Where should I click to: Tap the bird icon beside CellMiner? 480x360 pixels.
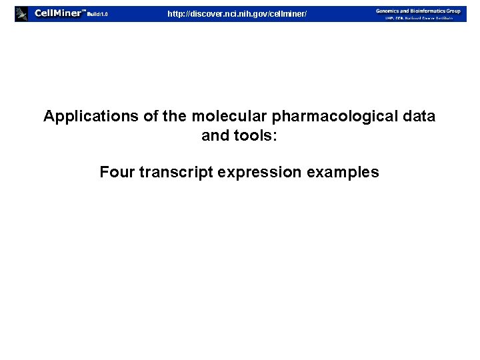pos(22,13)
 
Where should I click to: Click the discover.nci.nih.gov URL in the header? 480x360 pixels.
pos(237,13)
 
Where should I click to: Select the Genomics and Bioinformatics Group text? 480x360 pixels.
pos(418,10)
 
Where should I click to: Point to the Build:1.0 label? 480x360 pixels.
pos(97,14)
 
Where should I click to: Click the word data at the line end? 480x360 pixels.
pos(419,117)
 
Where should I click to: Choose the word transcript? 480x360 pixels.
pos(172,173)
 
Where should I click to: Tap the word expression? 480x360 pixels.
pos(259,173)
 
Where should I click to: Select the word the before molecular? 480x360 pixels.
pos(175,117)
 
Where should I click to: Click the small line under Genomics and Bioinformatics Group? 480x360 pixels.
pos(418,18)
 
